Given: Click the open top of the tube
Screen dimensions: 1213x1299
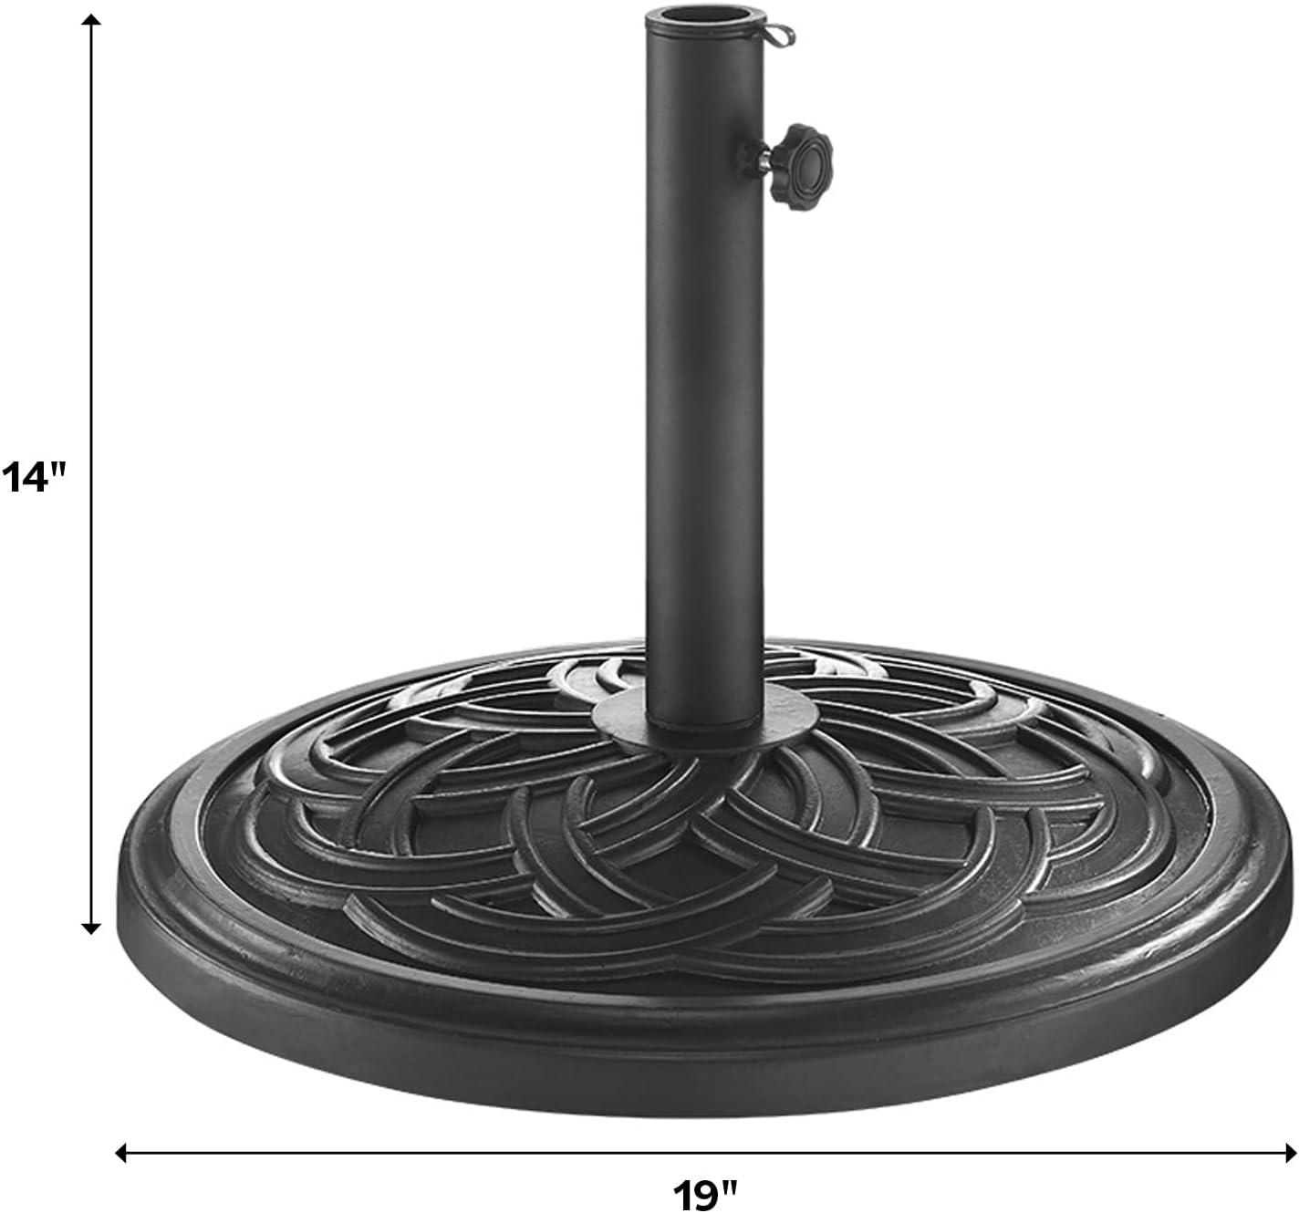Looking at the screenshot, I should tap(703, 19).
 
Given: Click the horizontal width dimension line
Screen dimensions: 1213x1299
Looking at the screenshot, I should tap(456, 1153).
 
